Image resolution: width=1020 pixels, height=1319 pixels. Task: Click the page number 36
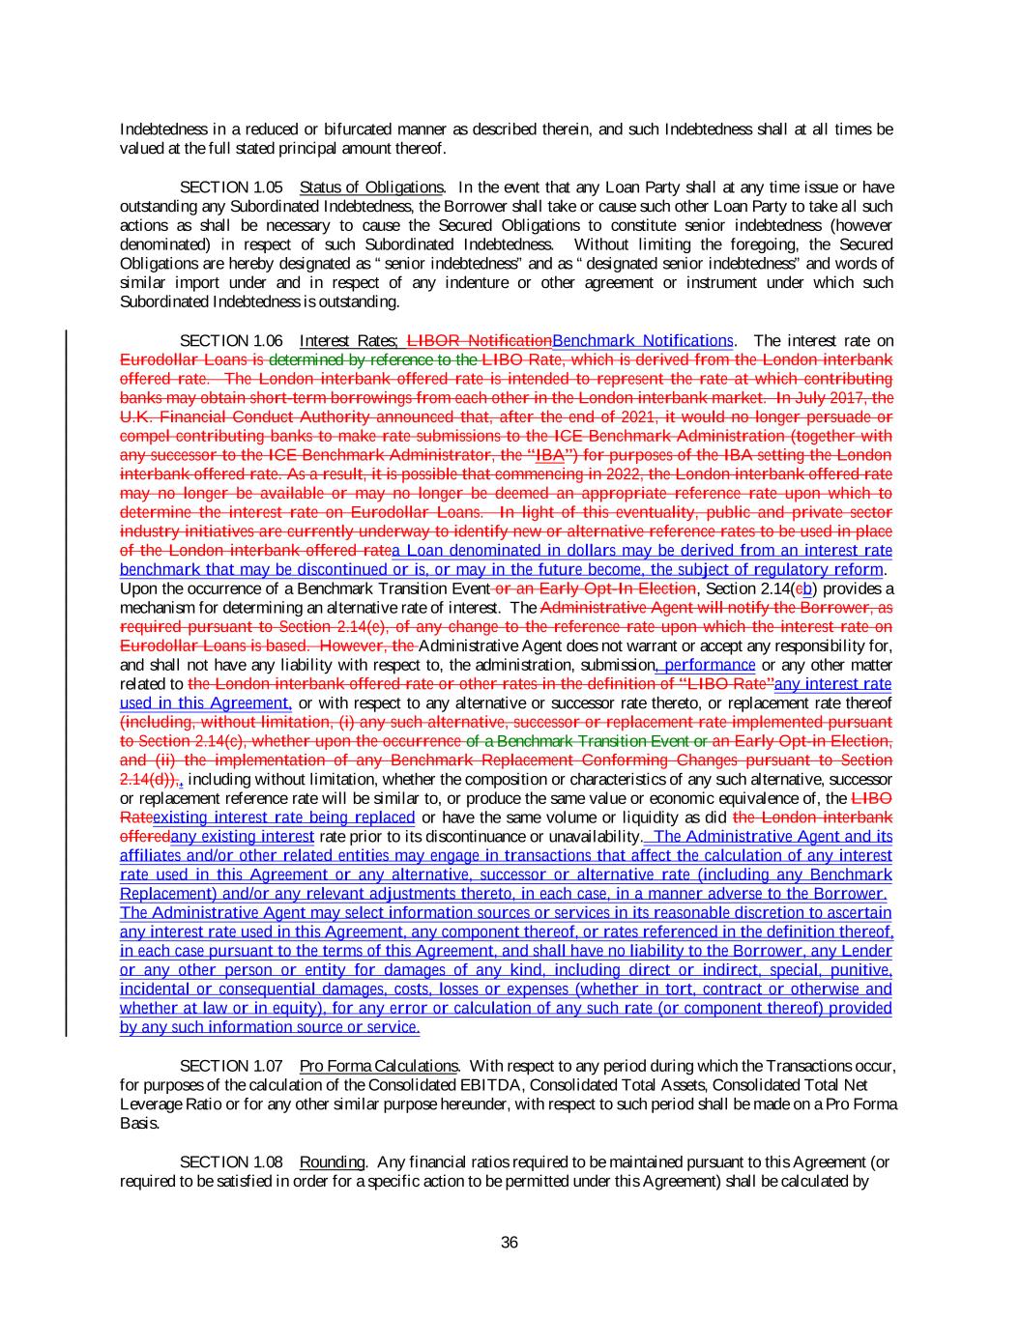[510, 1243]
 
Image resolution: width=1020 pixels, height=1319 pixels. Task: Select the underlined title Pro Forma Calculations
[378, 1066]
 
